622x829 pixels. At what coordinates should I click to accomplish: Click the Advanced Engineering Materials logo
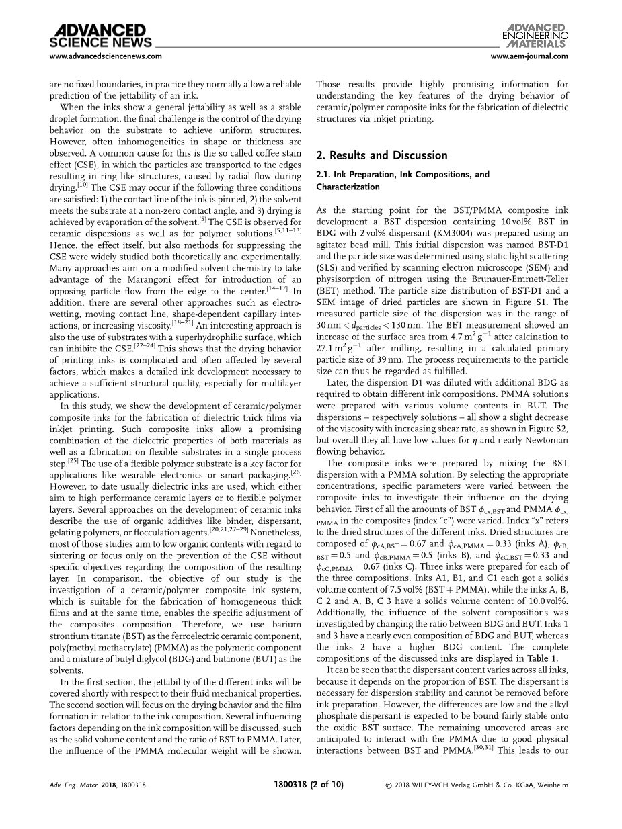535,34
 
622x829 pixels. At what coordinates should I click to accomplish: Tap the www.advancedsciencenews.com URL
106,56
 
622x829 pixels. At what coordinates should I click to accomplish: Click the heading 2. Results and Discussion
381,155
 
